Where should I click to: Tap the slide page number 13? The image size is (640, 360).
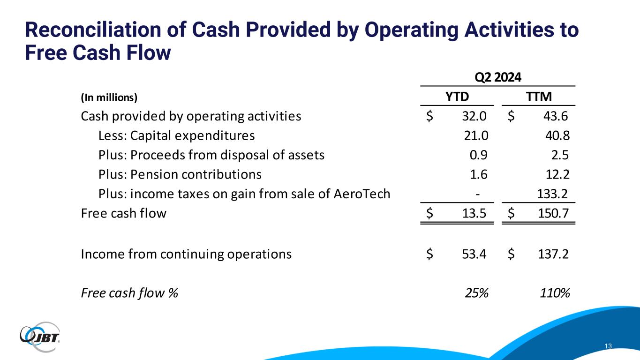coord(609,346)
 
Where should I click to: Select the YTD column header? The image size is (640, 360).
coord(457,97)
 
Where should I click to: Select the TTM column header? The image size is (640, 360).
coord(538,97)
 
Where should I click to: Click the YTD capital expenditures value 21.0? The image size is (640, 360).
coord(475,136)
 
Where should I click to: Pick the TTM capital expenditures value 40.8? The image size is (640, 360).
coord(557,136)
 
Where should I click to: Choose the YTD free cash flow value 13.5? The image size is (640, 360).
coord(475,214)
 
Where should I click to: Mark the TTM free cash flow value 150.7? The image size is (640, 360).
coord(554,214)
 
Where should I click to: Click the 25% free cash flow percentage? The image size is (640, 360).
coord(476,293)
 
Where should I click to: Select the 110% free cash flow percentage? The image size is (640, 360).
coord(555,293)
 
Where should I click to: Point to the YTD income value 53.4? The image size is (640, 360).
coord(475,255)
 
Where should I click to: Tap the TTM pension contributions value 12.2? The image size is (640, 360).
coord(557,175)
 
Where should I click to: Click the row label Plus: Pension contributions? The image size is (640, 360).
coord(180,175)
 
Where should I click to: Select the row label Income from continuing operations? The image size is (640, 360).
coord(186,255)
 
